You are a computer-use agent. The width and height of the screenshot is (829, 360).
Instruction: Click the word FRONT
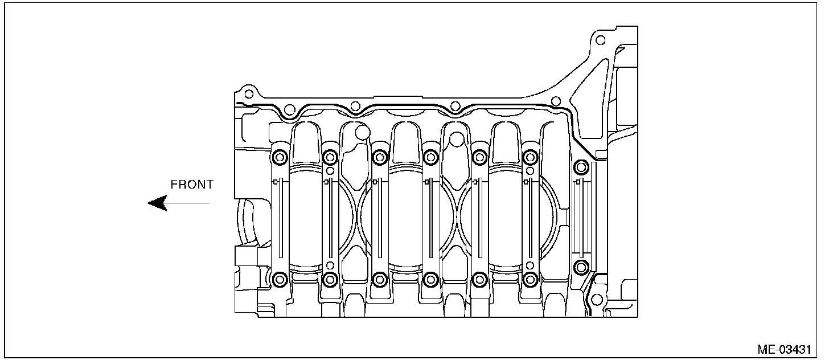(192, 185)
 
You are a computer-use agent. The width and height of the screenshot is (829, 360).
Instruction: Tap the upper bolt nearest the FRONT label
(280, 157)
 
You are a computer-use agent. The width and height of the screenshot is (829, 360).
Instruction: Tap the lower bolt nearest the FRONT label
(280, 279)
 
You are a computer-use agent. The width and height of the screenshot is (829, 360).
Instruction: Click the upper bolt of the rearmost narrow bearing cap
(581, 167)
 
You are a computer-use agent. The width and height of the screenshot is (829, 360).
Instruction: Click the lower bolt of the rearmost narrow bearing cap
(581, 266)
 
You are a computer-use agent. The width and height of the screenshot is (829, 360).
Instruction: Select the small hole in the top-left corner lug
(247, 93)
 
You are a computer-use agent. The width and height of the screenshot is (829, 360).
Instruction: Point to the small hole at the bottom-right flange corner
(596, 298)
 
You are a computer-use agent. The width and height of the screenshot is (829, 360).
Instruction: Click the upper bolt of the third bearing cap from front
(379, 157)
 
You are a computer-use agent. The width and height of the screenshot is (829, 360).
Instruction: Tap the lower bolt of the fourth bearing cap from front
(430, 279)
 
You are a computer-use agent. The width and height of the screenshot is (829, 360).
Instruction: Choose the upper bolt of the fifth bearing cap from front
(480, 157)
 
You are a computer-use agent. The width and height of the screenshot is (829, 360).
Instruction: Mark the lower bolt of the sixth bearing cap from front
(530, 279)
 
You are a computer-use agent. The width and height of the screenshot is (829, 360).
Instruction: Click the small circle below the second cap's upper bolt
(330, 170)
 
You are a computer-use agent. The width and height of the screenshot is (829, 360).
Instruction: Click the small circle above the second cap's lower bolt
(330, 265)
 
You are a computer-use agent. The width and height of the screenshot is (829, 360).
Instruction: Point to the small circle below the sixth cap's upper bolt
(530, 170)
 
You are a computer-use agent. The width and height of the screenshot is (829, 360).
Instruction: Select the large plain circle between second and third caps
(362, 133)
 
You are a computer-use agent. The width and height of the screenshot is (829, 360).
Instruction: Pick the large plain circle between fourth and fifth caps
(455, 138)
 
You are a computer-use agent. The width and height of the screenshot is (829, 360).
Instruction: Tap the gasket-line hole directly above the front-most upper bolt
(289, 110)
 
